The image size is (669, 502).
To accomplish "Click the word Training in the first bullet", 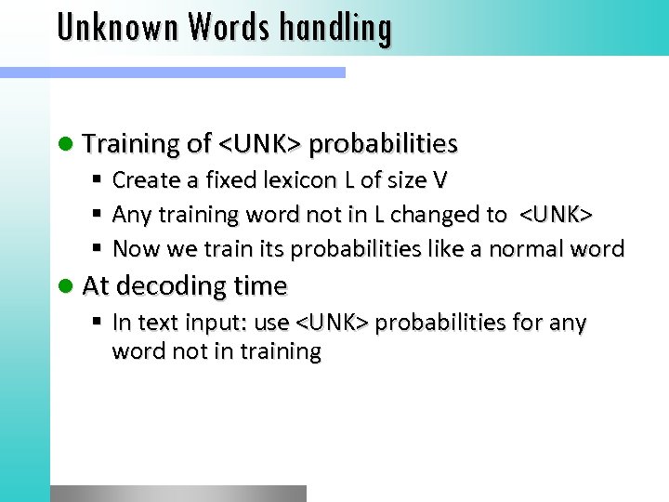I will click(x=131, y=143).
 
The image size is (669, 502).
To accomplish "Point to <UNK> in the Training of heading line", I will click(x=259, y=143).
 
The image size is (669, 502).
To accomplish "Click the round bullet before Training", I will click(x=68, y=144).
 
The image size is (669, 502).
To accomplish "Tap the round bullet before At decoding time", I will click(x=68, y=286).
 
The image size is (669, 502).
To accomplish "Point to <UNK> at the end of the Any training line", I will click(x=555, y=214).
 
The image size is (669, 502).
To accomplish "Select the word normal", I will click(x=539, y=249).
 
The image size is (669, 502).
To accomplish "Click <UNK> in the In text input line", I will click(x=332, y=323).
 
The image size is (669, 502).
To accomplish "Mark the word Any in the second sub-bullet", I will click(x=128, y=214).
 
